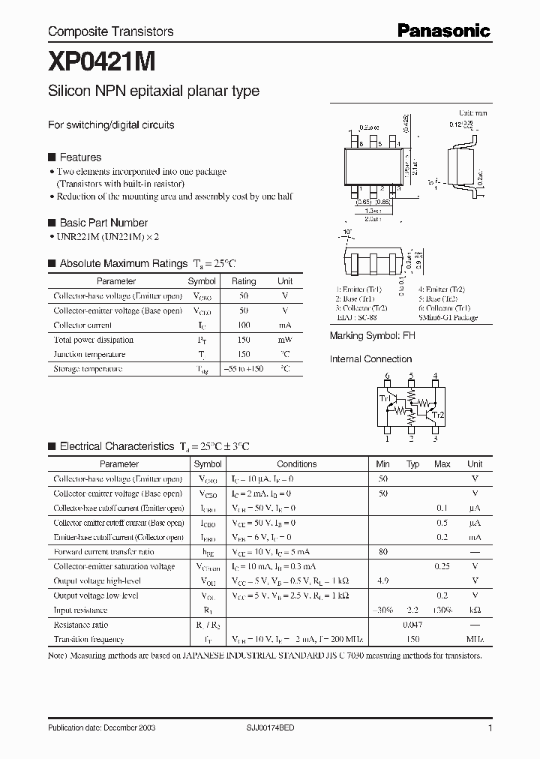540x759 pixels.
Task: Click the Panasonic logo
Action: [x=443, y=30]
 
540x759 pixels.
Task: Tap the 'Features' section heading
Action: [x=80, y=157]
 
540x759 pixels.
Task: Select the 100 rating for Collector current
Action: [x=244, y=325]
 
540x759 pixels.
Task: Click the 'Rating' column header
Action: [x=244, y=281]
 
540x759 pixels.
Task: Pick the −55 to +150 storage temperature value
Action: [x=244, y=369]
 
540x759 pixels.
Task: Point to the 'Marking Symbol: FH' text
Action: [x=373, y=336]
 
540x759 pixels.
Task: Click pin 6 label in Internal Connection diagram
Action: [x=387, y=376]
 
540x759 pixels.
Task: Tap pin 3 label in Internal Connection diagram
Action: [x=435, y=439]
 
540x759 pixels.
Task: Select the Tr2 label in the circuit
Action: [x=439, y=415]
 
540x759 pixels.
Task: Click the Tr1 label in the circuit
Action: [x=384, y=398]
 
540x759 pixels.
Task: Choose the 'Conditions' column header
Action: [x=297, y=464]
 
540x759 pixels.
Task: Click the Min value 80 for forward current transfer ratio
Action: [x=383, y=552]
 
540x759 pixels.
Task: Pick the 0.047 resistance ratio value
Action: [x=412, y=625]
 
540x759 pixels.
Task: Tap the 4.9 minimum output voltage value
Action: [x=383, y=581]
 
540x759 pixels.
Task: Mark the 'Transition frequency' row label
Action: [x=88, y=640]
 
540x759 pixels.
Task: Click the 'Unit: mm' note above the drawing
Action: [x=472, y=112]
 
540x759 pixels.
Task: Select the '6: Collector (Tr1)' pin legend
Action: [x=448, y=307]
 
